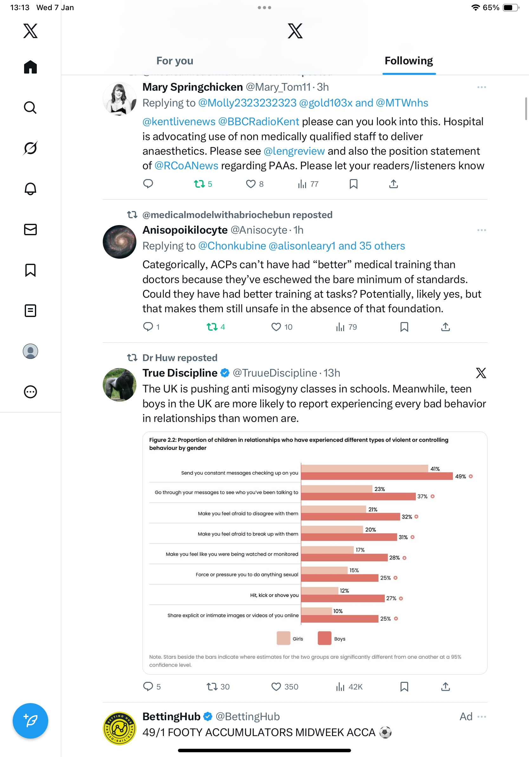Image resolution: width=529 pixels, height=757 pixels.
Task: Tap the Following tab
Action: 408,61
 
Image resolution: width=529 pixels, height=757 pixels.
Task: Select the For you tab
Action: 174,61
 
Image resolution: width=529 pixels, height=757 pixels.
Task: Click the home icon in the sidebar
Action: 30,67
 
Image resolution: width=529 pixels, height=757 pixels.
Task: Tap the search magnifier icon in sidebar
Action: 30,107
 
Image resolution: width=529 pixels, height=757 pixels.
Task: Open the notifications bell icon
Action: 30,189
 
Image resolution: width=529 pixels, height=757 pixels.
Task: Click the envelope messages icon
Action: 30,230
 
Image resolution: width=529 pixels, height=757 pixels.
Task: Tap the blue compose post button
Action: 30,721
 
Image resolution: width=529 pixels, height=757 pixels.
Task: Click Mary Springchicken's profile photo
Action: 119,99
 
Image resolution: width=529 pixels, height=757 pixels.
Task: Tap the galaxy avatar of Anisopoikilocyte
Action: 119,242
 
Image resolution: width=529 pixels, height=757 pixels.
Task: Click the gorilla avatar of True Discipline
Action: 119,385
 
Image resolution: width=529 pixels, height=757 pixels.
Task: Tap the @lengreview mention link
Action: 294,151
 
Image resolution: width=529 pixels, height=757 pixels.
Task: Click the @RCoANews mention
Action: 186,165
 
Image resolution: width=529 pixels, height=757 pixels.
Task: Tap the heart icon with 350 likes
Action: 276,687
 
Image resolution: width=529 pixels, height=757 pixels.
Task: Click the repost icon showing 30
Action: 212,687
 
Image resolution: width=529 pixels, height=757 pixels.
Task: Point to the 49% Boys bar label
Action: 460,476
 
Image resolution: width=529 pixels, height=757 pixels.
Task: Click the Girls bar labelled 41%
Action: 364,468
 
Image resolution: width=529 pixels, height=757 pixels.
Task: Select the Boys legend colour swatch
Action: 324,638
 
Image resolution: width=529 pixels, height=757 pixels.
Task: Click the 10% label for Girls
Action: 338,611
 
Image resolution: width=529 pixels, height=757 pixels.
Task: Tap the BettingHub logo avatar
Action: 119,728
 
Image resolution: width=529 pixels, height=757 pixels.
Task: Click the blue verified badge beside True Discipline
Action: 225,373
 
